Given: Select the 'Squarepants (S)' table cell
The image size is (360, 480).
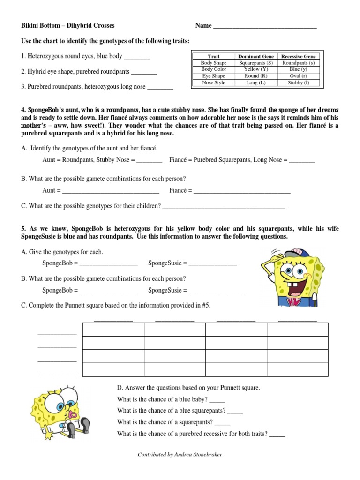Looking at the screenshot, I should tap(255, 63).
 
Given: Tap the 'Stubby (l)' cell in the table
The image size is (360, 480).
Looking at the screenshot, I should tap(298, 82).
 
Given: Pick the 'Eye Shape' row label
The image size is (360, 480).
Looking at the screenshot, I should tap(213, 76).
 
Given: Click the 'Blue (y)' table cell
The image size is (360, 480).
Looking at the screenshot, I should tap(298, 69).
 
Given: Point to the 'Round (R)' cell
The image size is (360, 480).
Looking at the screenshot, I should tap(255, 76).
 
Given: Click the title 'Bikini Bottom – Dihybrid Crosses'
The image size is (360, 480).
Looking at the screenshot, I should tap(68, 26).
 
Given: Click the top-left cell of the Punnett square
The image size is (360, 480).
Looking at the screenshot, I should tap(113, 330).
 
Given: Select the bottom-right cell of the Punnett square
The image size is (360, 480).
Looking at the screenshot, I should tap(298, 369).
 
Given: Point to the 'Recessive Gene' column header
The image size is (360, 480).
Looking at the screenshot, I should tap(298, 56).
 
